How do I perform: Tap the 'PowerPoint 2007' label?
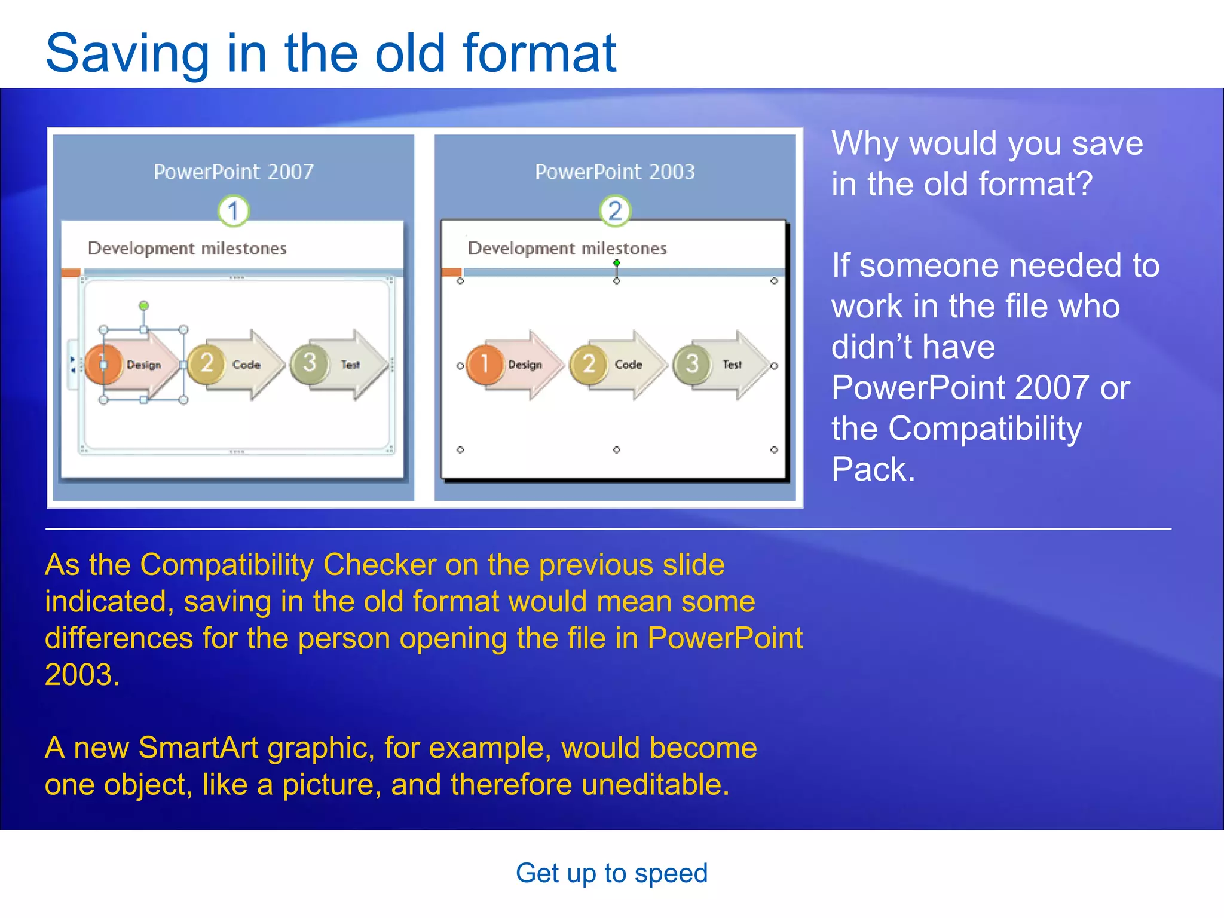[x=233, y=172]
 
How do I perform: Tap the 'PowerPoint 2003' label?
[x=615, y=172]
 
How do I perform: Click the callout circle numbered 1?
[x=233, y=211]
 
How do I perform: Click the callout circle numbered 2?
[x=615, y=211]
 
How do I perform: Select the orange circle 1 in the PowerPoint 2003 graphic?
[x=485, y=363]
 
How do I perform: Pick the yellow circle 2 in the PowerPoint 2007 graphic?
[x=206, y=363]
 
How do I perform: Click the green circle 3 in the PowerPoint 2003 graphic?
[x=692, y=363]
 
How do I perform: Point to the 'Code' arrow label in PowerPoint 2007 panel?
[x=246, y=365]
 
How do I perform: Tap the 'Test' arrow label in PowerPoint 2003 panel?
[x=732, y=365]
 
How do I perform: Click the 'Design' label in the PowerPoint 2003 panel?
[x=525, y=365]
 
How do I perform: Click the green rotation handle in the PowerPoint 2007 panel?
[x=143, y=306]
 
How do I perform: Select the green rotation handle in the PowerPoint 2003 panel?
[x=617, y=263]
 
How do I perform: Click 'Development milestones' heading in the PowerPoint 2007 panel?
[x=187, y=248]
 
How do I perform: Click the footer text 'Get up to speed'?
[x=611, y=873]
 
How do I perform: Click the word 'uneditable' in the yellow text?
[x=650, y=785]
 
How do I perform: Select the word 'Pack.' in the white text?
[x=873, y=469]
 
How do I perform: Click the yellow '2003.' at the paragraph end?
[x=82, y=675]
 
